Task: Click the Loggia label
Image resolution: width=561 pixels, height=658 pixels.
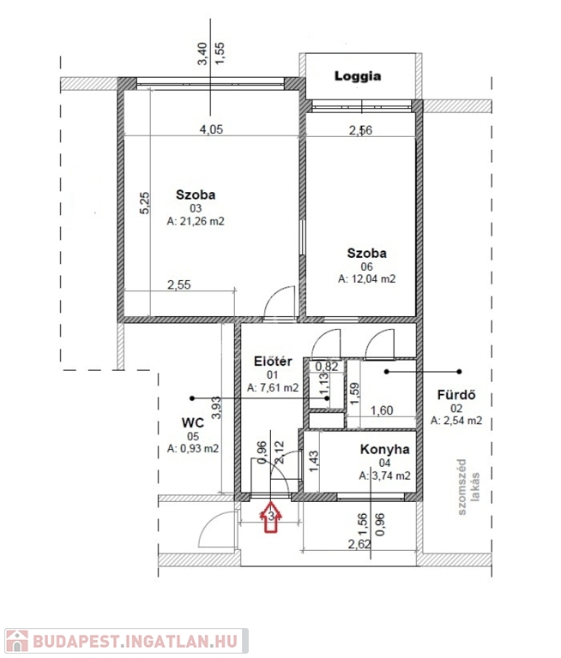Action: coord(358,76)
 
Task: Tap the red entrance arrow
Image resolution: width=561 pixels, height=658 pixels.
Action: coord(271,517)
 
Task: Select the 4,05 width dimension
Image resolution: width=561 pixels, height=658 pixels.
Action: coord(211,129)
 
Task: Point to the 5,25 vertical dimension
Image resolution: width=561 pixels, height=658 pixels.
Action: coord(144,203)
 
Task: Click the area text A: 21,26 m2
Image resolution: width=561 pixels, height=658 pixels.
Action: coord(196,221)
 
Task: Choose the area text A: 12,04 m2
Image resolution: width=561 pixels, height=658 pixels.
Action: coord(367,279)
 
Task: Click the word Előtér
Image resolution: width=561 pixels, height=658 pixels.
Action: coord(273,362)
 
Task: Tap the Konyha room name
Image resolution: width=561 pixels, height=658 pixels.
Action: coord(384,450)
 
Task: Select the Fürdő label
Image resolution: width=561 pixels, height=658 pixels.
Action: coord(456,395)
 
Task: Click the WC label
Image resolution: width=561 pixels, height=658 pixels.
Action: coord(193,422)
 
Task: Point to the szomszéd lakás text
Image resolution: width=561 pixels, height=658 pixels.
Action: coord(468,487)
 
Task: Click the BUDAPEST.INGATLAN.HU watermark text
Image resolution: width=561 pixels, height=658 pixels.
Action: coord(136,641)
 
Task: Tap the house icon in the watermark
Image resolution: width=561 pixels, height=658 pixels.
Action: coord(17,641)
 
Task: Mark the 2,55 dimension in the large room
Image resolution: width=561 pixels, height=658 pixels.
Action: coord(179,285)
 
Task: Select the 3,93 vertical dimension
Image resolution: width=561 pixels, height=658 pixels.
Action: coord(216,408)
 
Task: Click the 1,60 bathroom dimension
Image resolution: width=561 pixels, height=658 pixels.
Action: coord(382,410)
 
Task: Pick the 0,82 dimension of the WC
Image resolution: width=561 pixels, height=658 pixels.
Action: coord(327,367)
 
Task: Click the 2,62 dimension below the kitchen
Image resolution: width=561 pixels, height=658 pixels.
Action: coord(359,544)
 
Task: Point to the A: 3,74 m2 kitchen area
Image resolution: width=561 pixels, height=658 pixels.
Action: coord(385,476)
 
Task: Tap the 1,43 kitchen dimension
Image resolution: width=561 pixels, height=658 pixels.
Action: coord(313,462)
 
